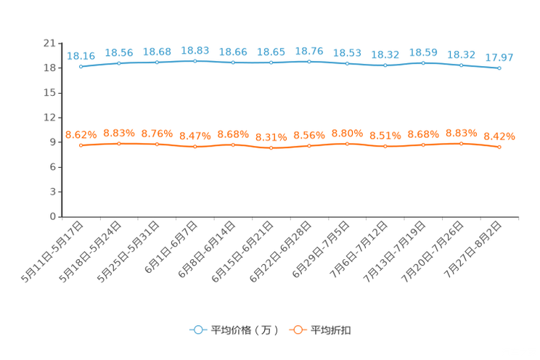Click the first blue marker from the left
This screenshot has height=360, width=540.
[81, 67]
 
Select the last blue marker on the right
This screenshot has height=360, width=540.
[499, 68]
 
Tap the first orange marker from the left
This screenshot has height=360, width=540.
[81, 146]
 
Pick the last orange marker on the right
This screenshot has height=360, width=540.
[499, 147]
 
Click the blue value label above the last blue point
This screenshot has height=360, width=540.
[499, 57]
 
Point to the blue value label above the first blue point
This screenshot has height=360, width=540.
[81, 56]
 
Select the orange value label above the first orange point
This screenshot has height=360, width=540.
[81, 135]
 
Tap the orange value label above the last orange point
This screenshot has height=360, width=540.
[499, 136]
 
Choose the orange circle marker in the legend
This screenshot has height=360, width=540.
[298, 330]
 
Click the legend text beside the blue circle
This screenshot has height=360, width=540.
[244, 330]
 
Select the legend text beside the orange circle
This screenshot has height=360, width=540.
[332, 330]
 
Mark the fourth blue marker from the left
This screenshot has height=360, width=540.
[195, 61]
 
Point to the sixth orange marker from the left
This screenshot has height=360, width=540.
[271, 148]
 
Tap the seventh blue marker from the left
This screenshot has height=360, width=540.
[309, 62]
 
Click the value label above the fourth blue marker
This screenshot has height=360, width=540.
[195, 50]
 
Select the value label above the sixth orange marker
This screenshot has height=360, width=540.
[271, 137]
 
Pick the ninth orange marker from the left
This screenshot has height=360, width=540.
[385, 147]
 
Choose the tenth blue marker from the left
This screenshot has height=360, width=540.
[423, 63]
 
